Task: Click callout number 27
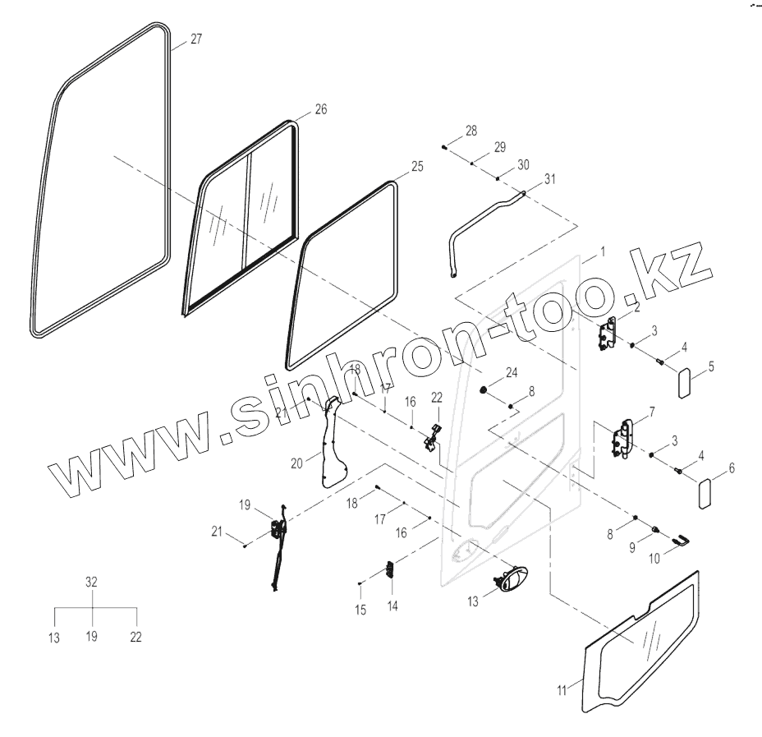coord(196,39)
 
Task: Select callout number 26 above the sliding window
coord(321,109)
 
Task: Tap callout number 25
coord(417,167)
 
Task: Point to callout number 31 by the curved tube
coord(550,180)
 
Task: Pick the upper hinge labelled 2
coord(608,335)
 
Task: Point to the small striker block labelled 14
coord(391,573)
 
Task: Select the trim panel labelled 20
coord(332,444)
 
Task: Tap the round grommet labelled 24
coord(484,388)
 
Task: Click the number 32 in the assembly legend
coord(92,582)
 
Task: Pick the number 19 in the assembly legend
coord(92,637)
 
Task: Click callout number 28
coord(471,131)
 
